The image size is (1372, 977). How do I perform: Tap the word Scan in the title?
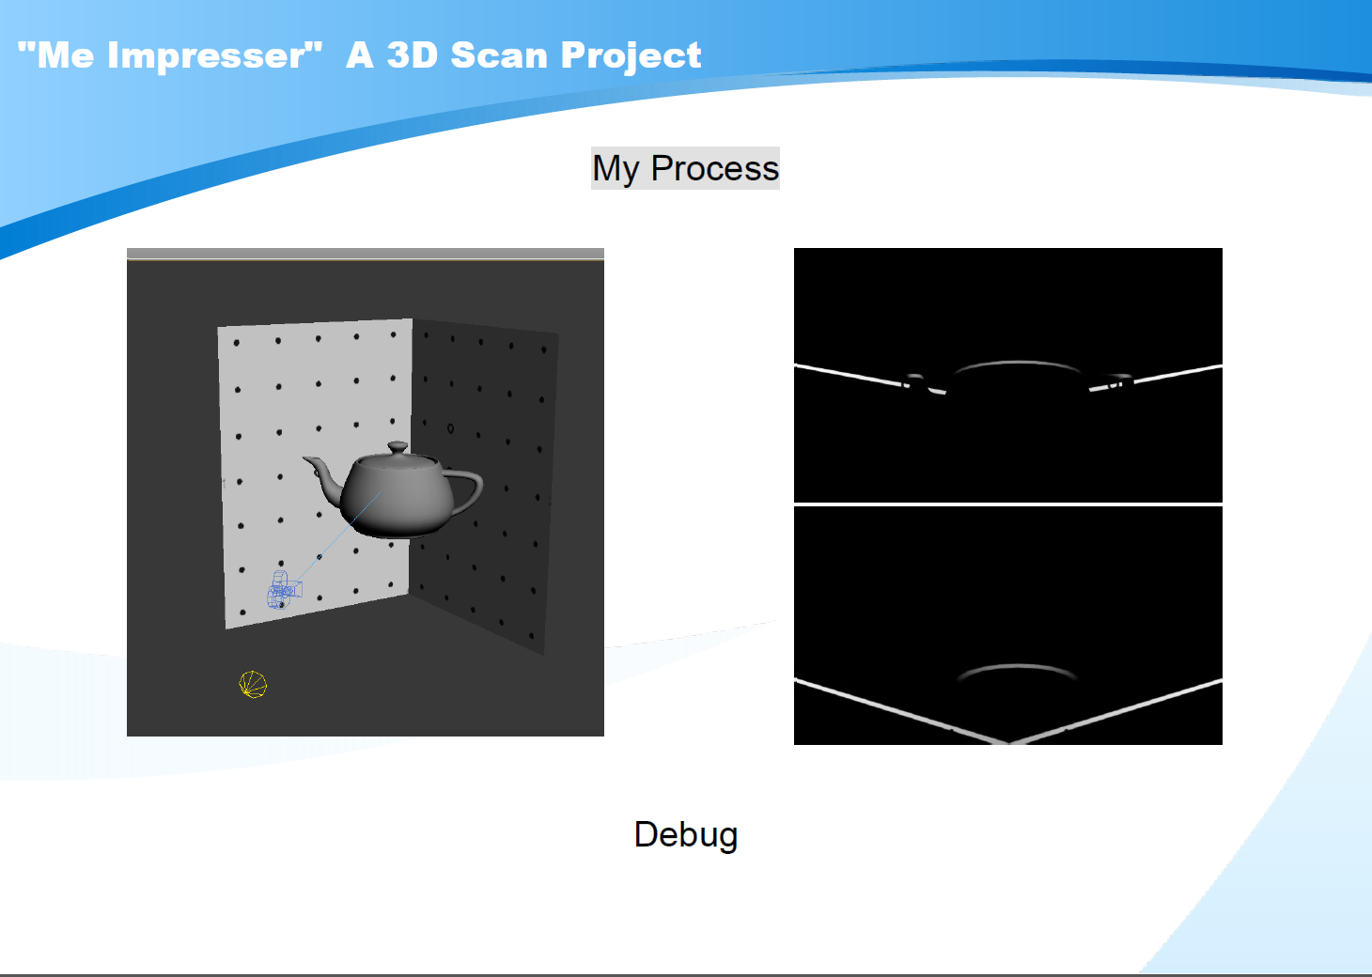[499, 55]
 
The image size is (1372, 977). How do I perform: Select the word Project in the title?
[631, 56]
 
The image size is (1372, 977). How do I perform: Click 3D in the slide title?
[413, 55]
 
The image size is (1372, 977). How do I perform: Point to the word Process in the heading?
[714, 168]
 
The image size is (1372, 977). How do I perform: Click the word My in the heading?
[616, 169]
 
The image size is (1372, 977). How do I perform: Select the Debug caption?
[686, 835]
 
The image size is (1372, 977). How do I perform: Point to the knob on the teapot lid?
[398, 447]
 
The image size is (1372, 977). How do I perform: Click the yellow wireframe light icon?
[253, 685]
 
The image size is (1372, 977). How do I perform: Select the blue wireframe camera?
[284, 590]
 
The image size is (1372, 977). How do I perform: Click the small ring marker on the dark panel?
[451, 428]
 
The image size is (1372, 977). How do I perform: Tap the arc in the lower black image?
[1017, 667]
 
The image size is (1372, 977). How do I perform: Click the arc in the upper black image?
[1017, 363]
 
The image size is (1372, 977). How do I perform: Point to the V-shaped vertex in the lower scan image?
[1008, 742]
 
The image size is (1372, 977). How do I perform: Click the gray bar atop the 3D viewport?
[365, 254]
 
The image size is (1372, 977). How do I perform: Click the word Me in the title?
[66, 55]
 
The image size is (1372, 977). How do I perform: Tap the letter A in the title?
[360, 55]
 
